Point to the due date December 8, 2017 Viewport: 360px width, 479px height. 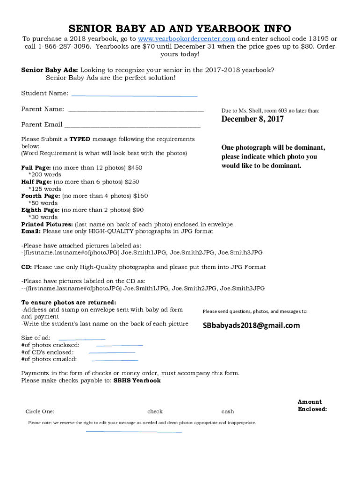click(x=252, y=119)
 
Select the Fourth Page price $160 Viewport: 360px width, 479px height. click(x=140, y=196)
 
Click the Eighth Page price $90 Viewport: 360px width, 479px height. click(x=138, y=210)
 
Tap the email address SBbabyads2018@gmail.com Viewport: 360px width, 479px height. click(x=251, y=326)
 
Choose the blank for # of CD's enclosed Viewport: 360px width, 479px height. click(x=111, y=352)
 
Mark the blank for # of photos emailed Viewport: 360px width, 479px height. click(x=115, y=360)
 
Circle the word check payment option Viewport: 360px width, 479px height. click(x=155, y=412)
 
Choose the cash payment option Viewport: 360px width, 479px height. click(x=228, y=412)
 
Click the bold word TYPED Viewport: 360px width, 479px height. click(x=80, y=139)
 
